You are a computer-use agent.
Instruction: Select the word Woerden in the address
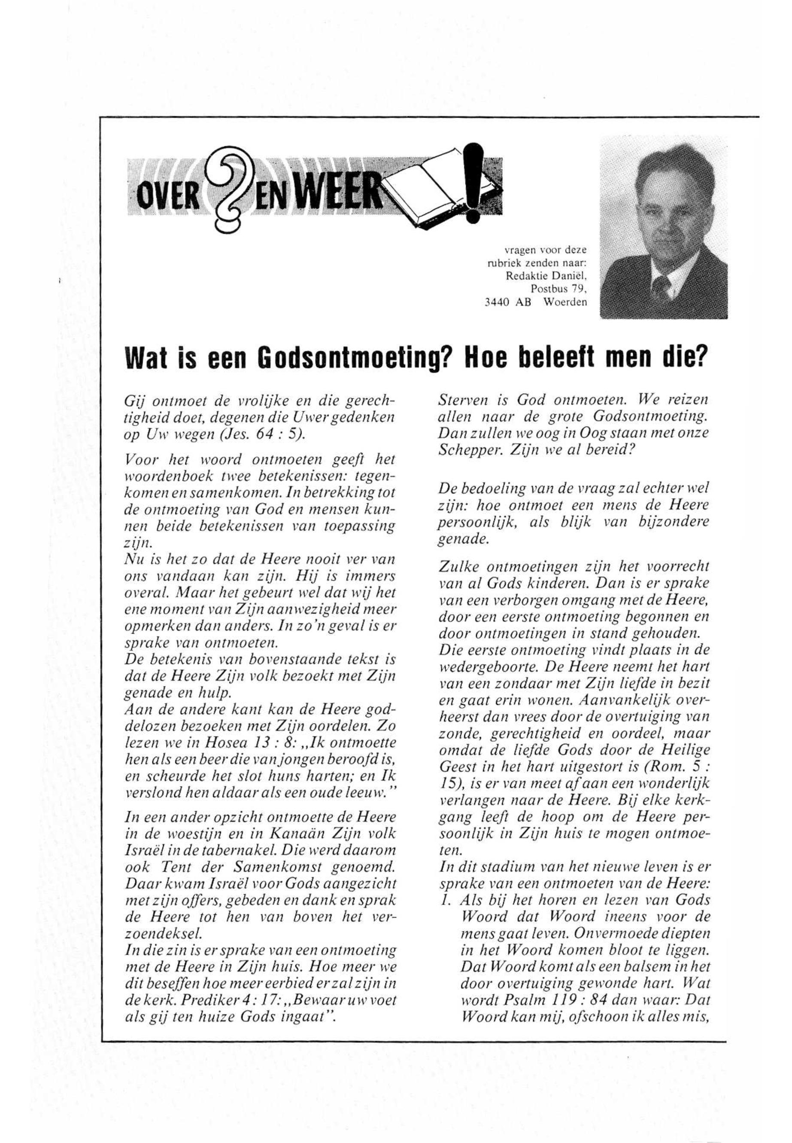565,302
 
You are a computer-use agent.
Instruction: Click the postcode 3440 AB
505,302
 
